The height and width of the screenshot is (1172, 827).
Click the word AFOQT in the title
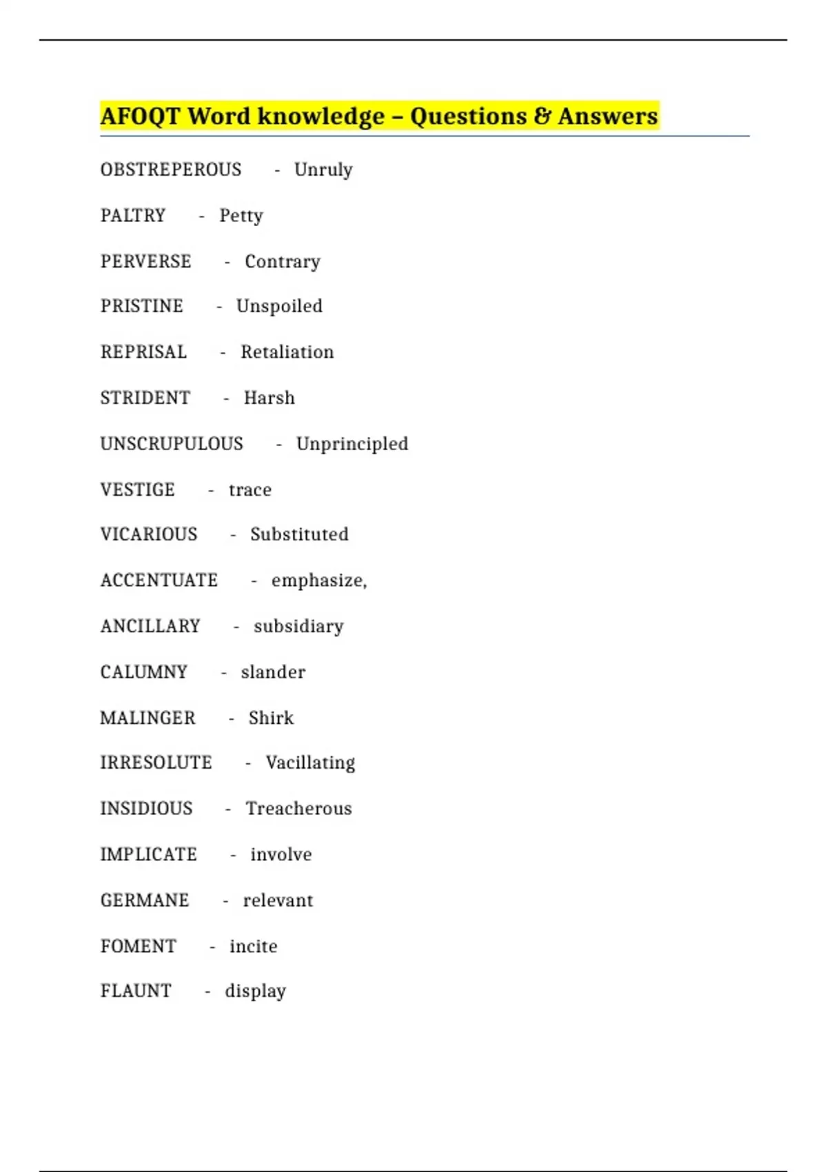click(140, 117)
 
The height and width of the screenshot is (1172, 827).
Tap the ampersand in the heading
click(542, 116)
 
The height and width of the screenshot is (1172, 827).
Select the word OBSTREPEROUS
click(171, 170)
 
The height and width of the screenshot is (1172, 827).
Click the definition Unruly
click(323, 170)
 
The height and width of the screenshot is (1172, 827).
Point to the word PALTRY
click(133, 216)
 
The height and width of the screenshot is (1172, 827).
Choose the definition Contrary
click(283, 262)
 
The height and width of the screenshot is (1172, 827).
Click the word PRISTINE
click(142, 306)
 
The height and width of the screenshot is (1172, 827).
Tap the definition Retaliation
click(287, 352)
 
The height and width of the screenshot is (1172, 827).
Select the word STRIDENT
click(145, 398)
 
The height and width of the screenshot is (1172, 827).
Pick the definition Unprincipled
click(352, 444)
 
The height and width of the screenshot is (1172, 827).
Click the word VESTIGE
click(138, 489)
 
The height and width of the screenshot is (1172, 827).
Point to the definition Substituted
click(299, 534)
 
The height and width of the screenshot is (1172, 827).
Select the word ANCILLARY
click(150, 626)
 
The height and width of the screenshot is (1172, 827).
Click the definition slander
click(273, 672)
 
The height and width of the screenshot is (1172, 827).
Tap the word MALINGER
click(148, 718)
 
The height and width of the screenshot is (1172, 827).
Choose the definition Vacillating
click(310, 763)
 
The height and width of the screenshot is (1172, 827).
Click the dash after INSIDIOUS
click(227, 809)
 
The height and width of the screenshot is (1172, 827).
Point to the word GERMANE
click(145, 900)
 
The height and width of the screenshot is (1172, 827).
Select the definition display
click(255, 991)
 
